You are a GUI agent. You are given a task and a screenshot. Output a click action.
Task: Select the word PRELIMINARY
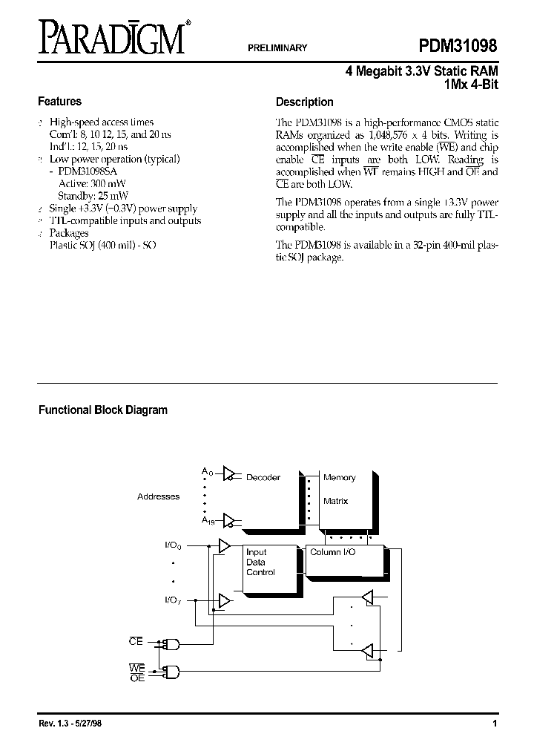[x=277, y=47]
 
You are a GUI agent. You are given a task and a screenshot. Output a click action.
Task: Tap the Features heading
[x=59, y=102]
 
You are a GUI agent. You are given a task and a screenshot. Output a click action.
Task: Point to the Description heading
[x=304, y=102]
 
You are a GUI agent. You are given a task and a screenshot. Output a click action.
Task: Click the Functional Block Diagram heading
[x=102, y=410]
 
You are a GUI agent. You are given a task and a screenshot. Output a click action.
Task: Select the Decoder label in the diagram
[x=263, y=478]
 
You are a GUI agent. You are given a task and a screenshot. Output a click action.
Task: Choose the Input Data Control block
[x=261, y=563]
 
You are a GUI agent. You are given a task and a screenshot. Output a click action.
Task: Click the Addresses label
[x=158, y=496]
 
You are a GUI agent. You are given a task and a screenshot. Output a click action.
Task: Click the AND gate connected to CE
[x=174, y=643]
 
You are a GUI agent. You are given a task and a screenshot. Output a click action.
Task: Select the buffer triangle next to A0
[x=230, y=473]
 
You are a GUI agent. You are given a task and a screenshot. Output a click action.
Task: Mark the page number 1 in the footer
[x=493, y=724]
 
